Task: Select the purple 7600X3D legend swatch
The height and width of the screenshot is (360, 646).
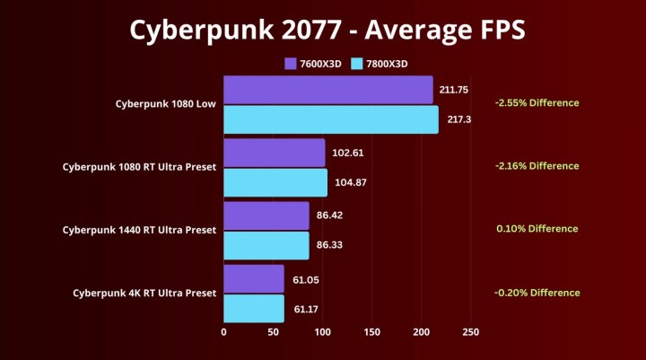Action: pos(290,64)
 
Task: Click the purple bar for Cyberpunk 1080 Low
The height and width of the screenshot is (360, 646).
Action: pos(327,90)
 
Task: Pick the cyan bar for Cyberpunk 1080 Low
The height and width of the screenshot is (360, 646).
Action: pos(330,119)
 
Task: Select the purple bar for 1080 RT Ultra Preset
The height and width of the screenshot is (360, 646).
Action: pos(274,153)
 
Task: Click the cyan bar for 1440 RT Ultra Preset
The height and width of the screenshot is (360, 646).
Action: pos(266,245)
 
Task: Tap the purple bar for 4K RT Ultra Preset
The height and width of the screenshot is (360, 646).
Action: pos(253,279)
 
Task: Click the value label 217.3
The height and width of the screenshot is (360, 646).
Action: pos(458,119)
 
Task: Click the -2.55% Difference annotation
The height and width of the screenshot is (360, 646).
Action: pos(537,102)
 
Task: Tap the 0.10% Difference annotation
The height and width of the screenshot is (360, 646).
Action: pos(537,229)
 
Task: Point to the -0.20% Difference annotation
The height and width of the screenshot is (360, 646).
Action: pos(537,293)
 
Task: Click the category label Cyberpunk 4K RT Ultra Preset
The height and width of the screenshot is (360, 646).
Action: pos(144,293)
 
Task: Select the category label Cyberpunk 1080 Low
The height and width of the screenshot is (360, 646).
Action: pos(165,103)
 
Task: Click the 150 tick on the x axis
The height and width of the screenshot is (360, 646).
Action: pos(371,332)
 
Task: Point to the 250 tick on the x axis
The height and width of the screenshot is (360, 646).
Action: pos(470,332)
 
